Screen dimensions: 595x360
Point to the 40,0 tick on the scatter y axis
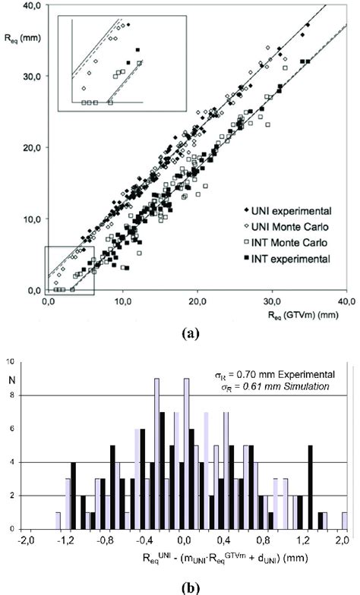pos(31,6)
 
